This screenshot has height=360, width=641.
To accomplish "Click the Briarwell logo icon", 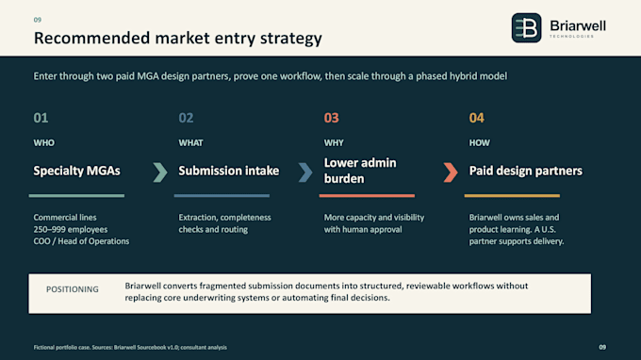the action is [526, 27].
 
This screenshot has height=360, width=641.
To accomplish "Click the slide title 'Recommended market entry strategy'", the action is [178, 39].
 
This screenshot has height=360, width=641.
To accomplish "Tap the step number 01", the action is [41, 118].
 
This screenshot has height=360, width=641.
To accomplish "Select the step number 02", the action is [186, 118].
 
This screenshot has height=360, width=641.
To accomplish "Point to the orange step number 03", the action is [332, 118].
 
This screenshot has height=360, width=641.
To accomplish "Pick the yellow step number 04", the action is [477, 118].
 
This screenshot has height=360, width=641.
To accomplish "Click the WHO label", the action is [43, 143].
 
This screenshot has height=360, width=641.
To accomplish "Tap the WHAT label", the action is [191, 143].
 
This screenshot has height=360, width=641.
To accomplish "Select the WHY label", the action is [334, 143].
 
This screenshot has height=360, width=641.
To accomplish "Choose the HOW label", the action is [479, 143].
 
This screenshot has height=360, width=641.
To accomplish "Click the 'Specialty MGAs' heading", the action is [77, 171].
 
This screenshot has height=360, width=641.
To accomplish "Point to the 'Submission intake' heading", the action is [229, 171].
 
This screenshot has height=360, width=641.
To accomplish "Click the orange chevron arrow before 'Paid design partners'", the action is [451, 172].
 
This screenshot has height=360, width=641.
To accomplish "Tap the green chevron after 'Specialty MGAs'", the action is [160, 172].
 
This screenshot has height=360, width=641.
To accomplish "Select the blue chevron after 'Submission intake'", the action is [305, 172].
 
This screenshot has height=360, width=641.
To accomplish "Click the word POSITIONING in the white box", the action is [73, 289].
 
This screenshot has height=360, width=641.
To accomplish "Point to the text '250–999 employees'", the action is [71, 230].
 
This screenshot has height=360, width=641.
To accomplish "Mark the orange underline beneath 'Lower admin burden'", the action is [367, 196].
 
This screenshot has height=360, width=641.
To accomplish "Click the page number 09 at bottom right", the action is [602, 347].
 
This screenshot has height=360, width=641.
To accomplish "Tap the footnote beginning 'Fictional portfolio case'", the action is [130, 348].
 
